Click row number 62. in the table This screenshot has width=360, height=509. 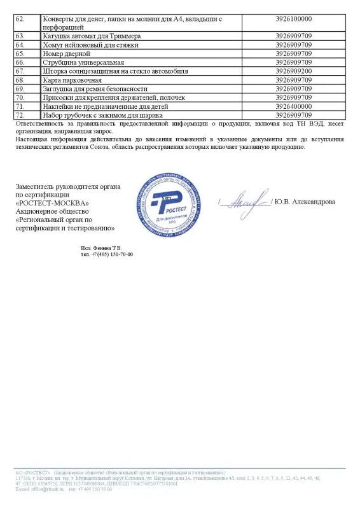click(x=20, y=20)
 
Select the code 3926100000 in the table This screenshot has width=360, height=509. click(x=294, y=20)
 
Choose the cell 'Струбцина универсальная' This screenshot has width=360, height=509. click(x=79, y=63)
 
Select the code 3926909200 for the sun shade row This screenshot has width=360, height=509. click(x=294, y=72)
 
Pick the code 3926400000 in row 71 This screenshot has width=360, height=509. click(x=294, y=107)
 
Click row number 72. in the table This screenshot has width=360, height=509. click(x=20, y=116)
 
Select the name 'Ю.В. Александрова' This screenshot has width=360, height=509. click(x=305, y=202)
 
